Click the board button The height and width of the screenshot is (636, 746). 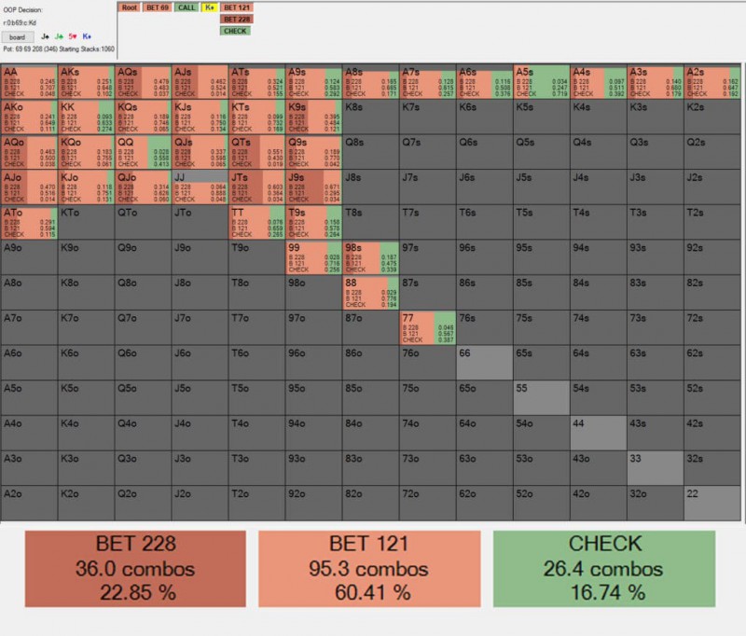point(18,37)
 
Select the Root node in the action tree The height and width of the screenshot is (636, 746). point(129,7)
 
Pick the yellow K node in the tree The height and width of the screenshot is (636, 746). point(210,7)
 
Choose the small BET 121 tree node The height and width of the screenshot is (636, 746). point(237,7)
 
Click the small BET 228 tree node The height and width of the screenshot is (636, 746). point(237,19)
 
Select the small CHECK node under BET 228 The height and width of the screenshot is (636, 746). point(235,31)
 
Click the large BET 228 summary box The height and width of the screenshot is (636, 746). point(135,569)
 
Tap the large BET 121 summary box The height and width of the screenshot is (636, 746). point(369,569)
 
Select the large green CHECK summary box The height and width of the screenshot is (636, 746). point(604,569)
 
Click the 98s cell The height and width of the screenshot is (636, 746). point(369,257)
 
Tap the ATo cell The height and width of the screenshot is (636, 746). point(29,222)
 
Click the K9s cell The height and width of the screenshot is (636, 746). point(312,117)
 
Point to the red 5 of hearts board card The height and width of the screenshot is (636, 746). point(72,37)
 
